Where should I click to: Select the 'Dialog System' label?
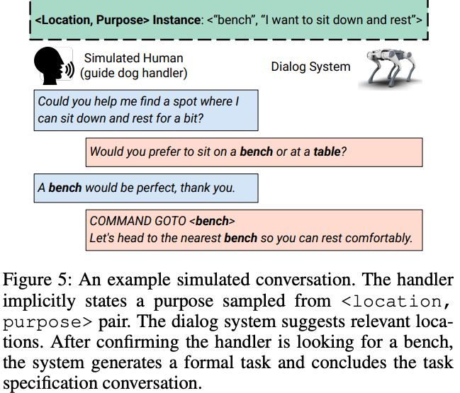[310, 67]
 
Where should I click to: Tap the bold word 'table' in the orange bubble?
[327, 152]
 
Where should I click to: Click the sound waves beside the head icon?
[69, 69]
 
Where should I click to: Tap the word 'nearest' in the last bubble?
[199, 238]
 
